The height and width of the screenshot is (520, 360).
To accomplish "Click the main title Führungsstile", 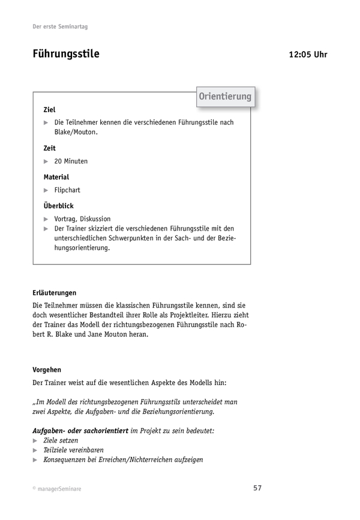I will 66,54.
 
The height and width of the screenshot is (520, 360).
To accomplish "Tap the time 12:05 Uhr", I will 308,55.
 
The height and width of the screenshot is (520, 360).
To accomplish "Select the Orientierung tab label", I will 225,97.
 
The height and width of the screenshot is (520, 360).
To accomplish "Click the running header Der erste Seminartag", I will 62,27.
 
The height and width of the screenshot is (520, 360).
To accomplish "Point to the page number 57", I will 257,488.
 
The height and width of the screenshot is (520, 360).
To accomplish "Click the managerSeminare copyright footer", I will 57,489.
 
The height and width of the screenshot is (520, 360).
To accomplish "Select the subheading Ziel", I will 49,110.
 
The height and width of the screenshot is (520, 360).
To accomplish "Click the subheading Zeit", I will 49,148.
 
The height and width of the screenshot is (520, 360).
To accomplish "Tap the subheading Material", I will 56,177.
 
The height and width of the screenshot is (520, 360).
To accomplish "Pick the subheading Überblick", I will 58,205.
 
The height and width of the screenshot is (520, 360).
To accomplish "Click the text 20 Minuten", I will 71,162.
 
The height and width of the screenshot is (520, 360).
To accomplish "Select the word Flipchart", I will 67,190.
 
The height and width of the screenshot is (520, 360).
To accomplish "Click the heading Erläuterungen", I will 55,293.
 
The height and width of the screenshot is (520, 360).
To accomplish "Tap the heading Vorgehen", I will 47,370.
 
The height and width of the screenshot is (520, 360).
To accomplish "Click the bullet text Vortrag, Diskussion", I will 82,219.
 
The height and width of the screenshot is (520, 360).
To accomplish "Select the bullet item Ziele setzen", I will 61,440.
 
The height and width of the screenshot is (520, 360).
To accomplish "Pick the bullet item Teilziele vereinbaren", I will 73,450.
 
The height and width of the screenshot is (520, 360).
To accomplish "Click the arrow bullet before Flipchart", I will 46,190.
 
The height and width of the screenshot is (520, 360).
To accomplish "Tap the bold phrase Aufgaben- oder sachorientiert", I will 80,431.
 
